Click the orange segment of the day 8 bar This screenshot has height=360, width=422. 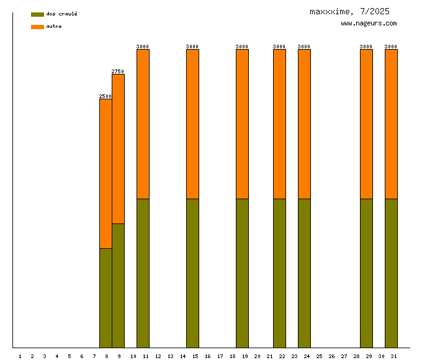[105, 174]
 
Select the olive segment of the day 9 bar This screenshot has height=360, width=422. [118, 286]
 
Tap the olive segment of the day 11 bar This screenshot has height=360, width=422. [143, 273]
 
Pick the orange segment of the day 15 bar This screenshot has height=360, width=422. [192, 124]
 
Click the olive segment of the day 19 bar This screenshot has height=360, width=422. [242, 273]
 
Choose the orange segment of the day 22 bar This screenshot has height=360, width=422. [279, 124]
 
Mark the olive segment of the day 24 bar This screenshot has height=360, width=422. [304, 273]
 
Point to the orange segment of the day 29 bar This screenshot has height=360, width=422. [366, 124]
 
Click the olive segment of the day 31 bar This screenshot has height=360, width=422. [391, 273]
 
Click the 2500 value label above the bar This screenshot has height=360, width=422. [105, 96]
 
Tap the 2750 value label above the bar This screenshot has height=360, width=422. [118, 71]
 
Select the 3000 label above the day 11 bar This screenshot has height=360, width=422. [143, 47]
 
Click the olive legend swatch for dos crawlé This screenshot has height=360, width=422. [37, 14]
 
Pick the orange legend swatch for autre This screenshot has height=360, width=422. [37, 27]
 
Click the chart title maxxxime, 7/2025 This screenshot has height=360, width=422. [350, 11]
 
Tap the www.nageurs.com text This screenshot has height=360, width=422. [369, 24]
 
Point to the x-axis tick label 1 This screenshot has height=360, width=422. [20, 356]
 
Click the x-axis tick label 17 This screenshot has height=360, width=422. [220, 356]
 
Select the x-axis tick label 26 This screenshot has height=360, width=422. [331, 356]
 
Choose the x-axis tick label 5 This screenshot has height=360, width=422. [70, 356]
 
